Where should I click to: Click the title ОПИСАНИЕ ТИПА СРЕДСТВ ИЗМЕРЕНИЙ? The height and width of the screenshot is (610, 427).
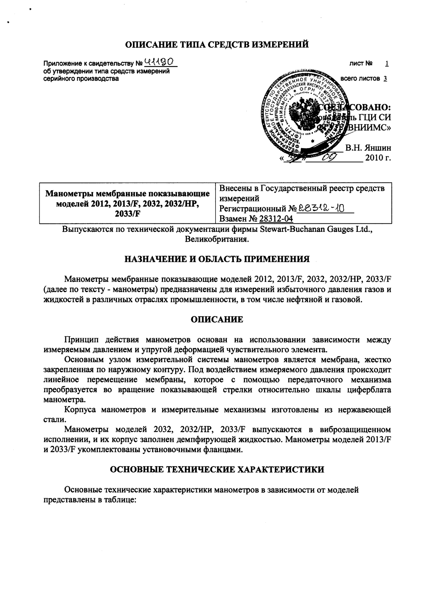[217, 44]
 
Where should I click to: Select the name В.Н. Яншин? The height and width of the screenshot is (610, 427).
[368, 148]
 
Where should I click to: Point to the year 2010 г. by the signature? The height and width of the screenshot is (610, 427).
[377, 158]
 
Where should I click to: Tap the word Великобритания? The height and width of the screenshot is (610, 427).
[217, 239]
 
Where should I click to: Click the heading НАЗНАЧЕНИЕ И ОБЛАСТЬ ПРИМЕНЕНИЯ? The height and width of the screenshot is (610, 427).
[217, 259]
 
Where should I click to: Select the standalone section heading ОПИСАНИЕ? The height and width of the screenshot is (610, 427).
[217, 319]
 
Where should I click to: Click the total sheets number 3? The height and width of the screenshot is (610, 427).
[385, 78]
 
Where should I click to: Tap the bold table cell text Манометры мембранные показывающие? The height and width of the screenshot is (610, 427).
[128, 194]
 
